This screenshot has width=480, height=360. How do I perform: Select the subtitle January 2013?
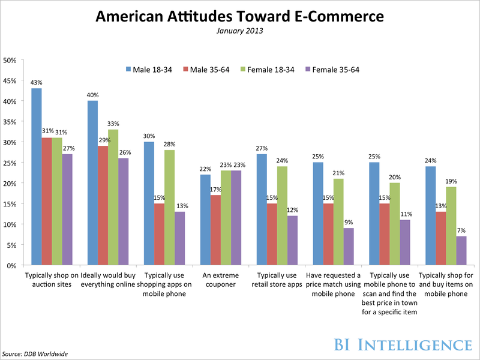click(x=240, y=31)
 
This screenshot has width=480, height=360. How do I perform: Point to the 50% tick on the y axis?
click(x=11, y=60)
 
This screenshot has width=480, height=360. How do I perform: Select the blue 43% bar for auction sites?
click(x=37, y=176)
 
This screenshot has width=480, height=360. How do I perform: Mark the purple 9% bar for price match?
click(x=348, y=247)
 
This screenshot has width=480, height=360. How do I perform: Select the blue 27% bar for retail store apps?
click(x=261, y=209)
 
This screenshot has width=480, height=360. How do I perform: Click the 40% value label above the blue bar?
click(x=92, y=95)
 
